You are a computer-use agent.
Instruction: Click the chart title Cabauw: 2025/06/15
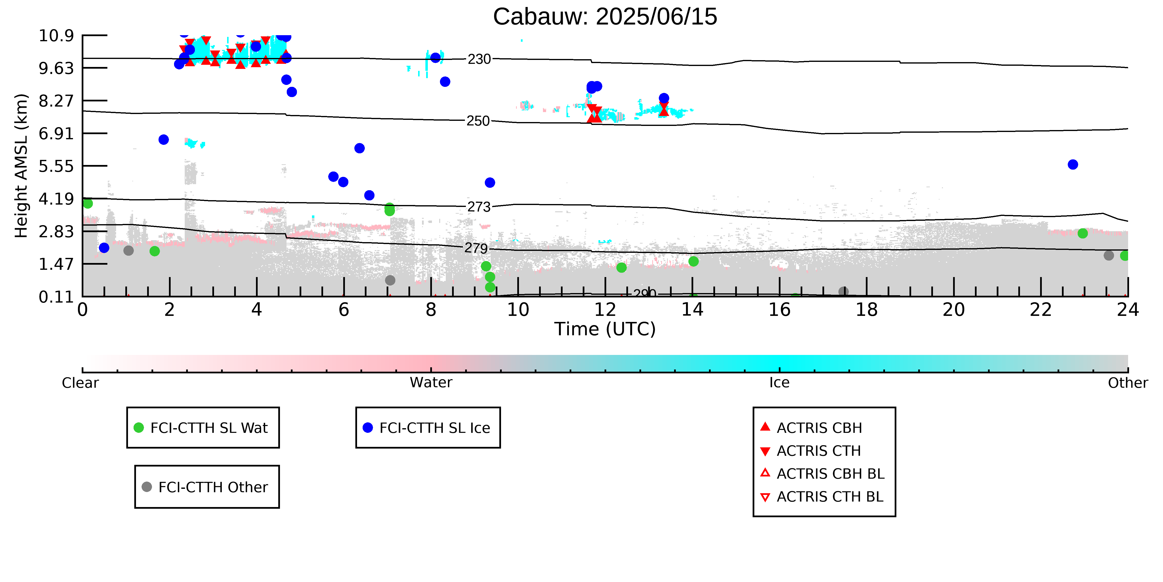[605, 17]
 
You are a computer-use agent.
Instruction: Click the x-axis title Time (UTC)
[605, 329]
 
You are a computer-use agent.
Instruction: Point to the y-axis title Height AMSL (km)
[21, 166]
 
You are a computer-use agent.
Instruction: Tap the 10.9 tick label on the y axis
[56, 35]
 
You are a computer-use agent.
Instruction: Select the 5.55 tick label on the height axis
[56, 166]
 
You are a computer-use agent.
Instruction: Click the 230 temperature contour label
[479, 59]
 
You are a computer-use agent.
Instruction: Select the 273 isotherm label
[478, 207]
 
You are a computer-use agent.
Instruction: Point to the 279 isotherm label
[476, 248]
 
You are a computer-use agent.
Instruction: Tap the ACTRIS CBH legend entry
[811, 427]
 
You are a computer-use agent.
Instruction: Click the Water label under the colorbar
[431, 383]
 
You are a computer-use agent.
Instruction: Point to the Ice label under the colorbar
[779, 383]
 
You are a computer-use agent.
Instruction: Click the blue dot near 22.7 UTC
[1073, 164]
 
